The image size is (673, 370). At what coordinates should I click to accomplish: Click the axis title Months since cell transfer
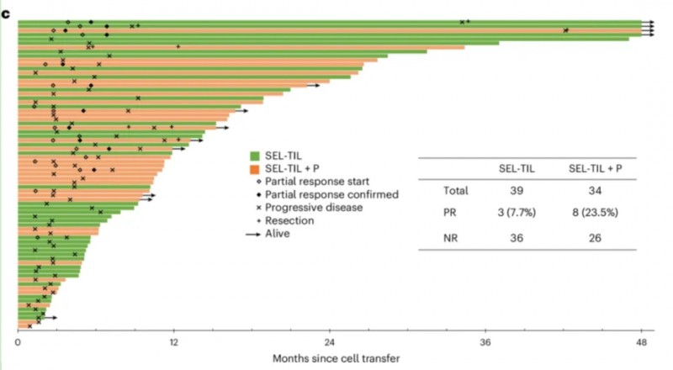pyautogui.click(x=336, y=358)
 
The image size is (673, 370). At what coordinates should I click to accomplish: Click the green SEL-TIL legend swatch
pyautogui.click(x=253, y=156)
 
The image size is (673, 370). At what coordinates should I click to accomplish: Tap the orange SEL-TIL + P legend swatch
pyautogui.click(x=253, y=168)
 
